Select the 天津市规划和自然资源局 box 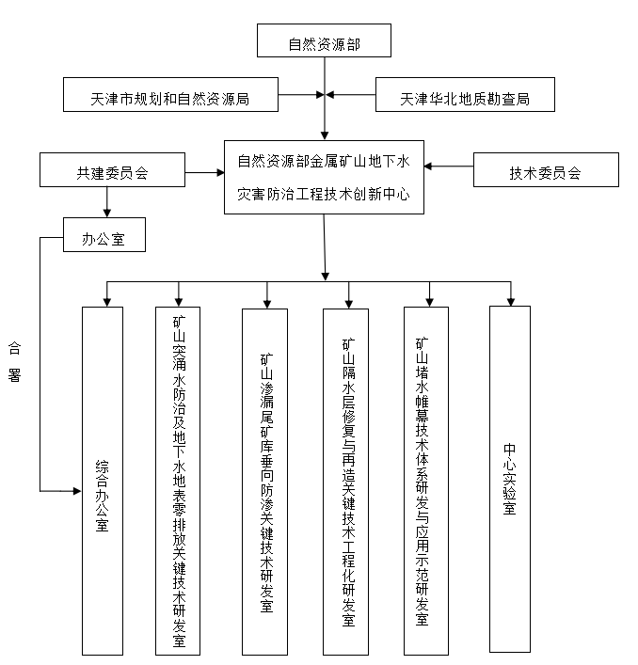click(169, 96)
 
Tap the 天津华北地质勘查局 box click(465, 96)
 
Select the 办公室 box click(104, 234)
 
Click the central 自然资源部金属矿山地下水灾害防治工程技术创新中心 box click(324, 180)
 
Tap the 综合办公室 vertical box click(102, 480)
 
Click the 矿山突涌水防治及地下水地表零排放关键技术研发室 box click(179, 480)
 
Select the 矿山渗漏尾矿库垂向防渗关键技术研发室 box click(264, 480)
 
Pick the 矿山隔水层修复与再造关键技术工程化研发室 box click(347, 480)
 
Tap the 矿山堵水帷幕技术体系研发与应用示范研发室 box click(425, 480)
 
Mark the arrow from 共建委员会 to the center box click(204, 172)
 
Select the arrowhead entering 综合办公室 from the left click(76, 491)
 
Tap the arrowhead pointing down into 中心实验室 click(510, 301)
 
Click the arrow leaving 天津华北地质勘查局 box click(354, 95)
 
